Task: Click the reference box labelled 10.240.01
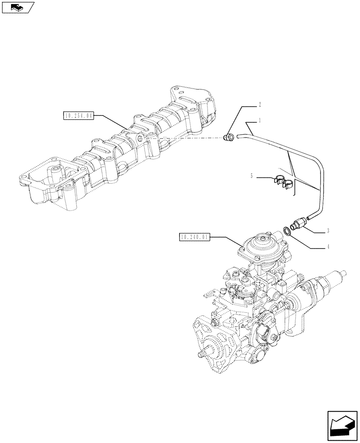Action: click(194, 237)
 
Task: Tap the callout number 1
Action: click(259, 120)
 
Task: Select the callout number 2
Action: click(259, 105)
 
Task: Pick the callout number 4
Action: click(327, 247)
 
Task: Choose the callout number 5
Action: click(251, 176)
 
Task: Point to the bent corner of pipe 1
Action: click(318, 165)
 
